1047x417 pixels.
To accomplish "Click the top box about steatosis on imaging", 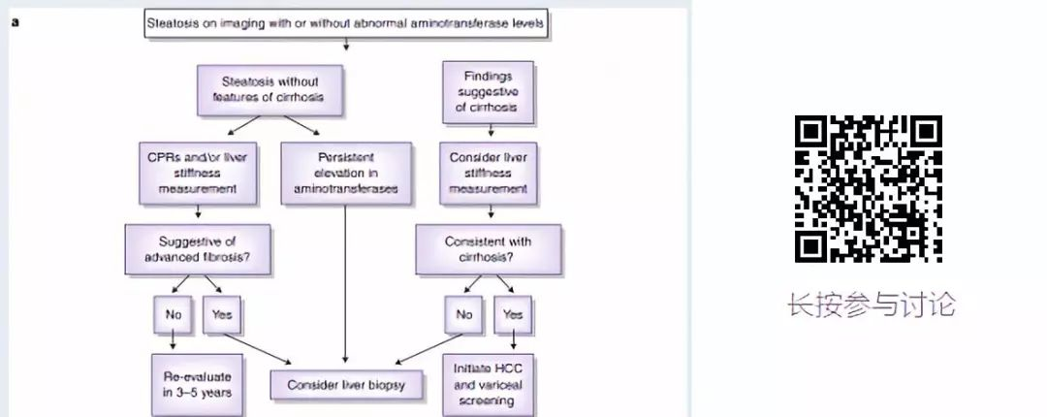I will pos(347,22).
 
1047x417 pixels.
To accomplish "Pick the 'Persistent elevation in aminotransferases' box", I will pos(346,173).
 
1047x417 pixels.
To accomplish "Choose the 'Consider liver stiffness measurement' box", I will pos(490,173).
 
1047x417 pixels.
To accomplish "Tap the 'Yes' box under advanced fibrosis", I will pos(222,314).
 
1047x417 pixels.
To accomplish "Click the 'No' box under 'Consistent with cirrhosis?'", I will pos(465,314).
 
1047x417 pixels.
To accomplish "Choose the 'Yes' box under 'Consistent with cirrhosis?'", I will pos(513,314).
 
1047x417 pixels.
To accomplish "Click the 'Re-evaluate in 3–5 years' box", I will pos(198,381).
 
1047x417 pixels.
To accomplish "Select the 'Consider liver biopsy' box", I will pos(346,385).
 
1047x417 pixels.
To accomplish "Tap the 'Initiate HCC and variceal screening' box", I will pos(490,381).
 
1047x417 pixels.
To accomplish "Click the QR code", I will pos(869,189).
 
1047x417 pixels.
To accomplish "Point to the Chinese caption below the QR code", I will pos(871,305).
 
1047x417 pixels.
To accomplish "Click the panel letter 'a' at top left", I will pos(15,19).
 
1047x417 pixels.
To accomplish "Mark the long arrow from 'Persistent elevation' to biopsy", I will pos(346,281).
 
